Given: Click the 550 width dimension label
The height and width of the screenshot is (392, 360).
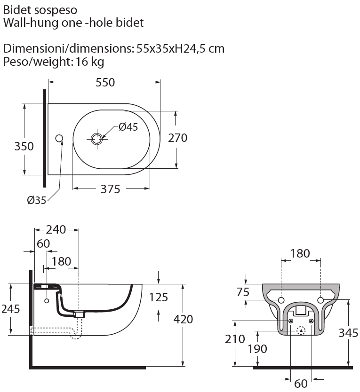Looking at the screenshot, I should (105, 82).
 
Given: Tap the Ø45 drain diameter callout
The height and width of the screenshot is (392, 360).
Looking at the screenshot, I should (128, 127).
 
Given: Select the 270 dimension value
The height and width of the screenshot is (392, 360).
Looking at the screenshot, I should (178, 138).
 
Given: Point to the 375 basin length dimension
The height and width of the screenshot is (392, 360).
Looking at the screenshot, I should (111, 189).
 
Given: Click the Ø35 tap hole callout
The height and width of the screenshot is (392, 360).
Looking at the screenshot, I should (36, 200).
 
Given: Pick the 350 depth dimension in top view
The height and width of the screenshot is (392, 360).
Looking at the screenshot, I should (24, 146).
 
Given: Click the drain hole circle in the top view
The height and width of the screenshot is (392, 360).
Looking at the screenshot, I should (96, 138).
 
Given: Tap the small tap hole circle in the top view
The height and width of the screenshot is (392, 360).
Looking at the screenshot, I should (59, 138).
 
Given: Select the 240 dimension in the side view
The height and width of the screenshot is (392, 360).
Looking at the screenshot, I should (56, 230).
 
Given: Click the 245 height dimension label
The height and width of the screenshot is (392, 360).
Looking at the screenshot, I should (10, 308).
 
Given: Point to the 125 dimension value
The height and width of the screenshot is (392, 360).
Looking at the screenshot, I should (158, 297).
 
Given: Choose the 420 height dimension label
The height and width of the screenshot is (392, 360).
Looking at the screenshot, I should (183, 319).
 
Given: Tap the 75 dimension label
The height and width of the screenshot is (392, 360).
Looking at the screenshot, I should (243, 292).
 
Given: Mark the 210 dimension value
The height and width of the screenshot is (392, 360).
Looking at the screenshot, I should (235, 338).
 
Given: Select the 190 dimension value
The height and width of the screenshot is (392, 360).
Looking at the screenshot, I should (257, 349).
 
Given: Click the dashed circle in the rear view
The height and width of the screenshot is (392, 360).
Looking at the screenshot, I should (301, 330).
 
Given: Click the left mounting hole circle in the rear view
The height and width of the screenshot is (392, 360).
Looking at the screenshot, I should (281, 300).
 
